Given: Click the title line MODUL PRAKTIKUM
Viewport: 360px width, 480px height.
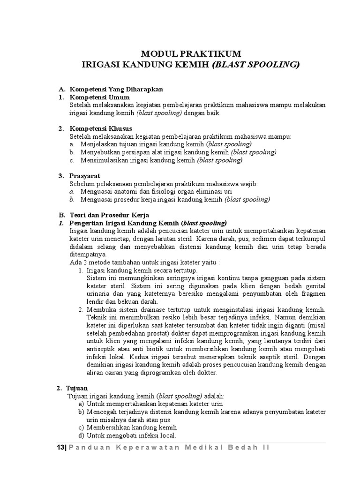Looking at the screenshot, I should (192, 54).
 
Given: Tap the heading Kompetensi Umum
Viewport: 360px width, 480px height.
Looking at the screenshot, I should (96, 97).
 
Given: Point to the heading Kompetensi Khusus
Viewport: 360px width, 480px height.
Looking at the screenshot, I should (101, 128).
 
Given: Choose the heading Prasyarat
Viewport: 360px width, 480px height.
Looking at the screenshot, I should (85, 176).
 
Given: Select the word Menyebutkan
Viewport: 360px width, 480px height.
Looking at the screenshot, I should (100, 152).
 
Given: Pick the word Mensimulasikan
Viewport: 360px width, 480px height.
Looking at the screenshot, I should (104, 160).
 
